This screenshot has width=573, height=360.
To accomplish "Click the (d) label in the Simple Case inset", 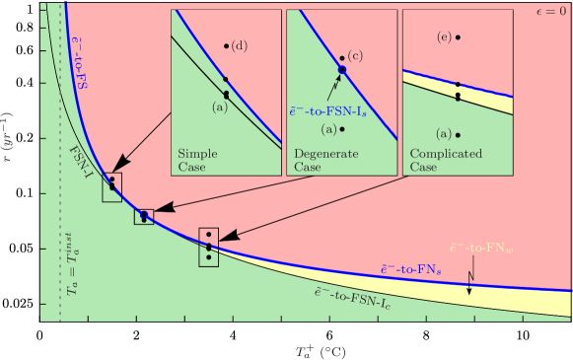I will tap(240, 47).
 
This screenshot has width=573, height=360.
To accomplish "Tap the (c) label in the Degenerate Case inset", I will tap(355, 55).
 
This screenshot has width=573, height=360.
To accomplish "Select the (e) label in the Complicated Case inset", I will tap(444, 36).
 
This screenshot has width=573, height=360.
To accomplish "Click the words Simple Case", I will tap(197, 161).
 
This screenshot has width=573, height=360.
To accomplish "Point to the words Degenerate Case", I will tap(320, 161).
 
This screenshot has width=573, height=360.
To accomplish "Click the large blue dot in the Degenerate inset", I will tap(342, 69).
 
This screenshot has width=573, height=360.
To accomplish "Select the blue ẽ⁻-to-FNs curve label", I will tap(409, 268).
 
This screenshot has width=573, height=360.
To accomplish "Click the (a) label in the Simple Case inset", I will tap(219, 108).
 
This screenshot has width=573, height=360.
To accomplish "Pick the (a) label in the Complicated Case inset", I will tap(443, 133).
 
